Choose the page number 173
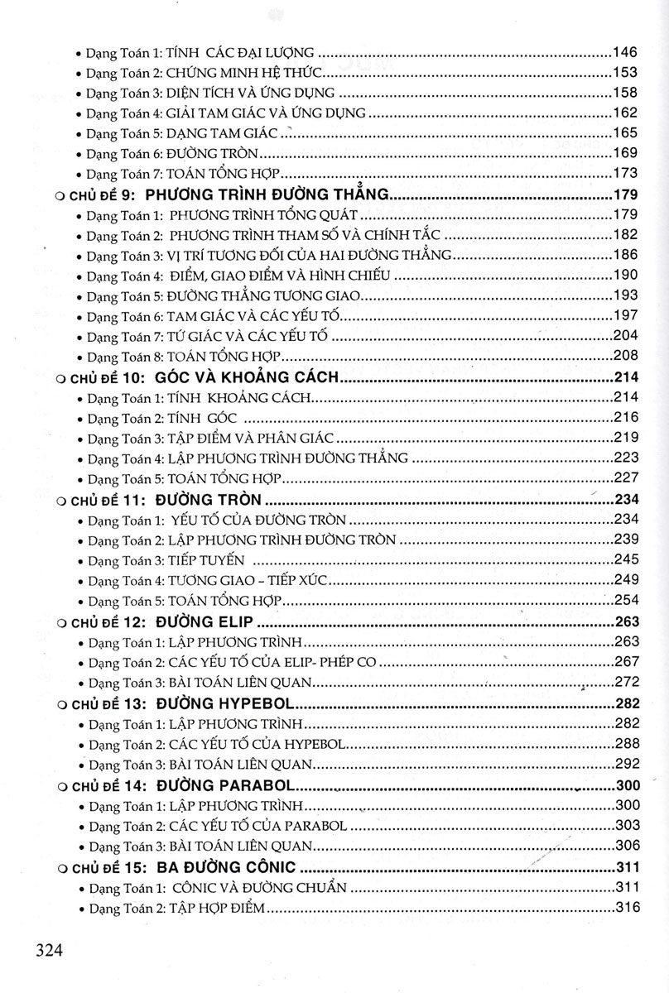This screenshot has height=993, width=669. (x=623, y=173)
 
